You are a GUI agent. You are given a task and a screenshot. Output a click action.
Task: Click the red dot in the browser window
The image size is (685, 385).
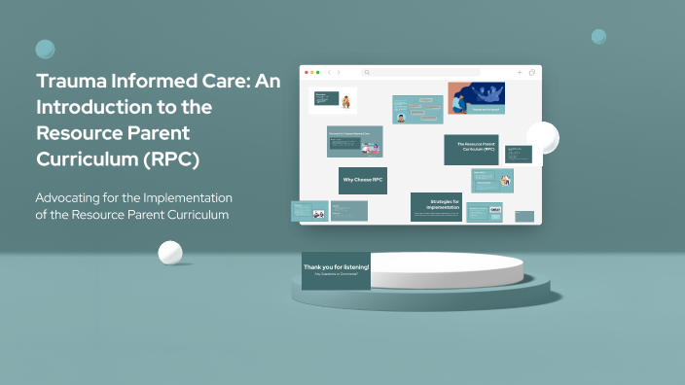307,73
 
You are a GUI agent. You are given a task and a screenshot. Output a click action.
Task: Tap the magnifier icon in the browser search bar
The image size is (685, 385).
367,73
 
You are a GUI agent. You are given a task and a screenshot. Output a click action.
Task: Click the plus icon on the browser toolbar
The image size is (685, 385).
520,73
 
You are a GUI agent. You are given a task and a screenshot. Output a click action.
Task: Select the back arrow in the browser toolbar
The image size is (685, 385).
329,73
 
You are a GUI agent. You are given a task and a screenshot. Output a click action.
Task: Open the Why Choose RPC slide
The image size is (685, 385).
362,180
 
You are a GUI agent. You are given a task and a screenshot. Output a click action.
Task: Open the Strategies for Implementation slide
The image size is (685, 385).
436,206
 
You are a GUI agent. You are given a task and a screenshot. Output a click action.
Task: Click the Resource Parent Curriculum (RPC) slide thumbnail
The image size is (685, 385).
471,149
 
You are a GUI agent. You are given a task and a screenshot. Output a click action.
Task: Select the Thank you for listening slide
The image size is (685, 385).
336,270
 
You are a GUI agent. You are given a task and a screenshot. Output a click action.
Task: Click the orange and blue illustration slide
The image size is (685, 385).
475,99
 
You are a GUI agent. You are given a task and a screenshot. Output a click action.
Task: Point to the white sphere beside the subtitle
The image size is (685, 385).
170,253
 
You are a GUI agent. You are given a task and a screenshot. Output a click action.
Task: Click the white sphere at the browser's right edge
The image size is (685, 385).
542,138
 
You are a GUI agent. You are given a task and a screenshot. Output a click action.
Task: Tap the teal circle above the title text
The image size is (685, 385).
45,50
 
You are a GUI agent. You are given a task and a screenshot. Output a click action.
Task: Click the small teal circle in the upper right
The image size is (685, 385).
598,37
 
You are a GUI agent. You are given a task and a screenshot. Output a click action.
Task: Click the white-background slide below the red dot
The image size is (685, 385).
332,100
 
